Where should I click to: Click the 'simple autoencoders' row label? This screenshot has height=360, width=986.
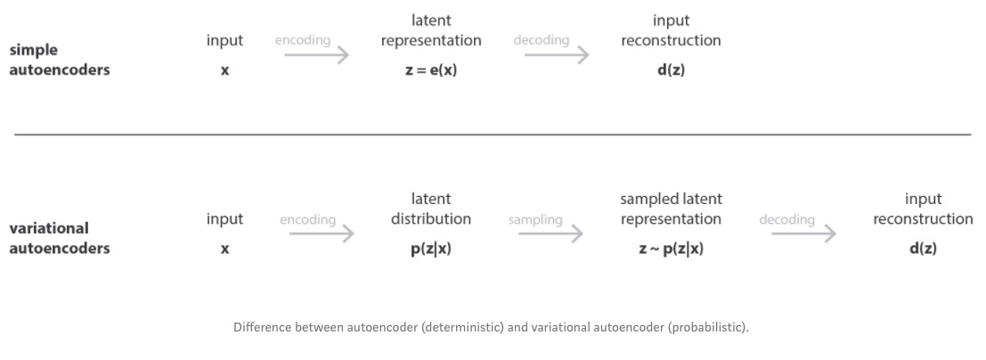click(x=59, y=60)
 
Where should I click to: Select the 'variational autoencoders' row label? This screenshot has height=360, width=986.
click(x=59, y=238)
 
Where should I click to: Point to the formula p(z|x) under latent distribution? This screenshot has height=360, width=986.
click(x=431, y=250)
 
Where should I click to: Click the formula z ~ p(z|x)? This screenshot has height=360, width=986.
click(x=671, y=250)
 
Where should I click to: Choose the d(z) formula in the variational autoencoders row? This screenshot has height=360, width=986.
click(x=923, y=250)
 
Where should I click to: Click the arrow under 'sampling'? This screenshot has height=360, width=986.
click(x=550, y=234)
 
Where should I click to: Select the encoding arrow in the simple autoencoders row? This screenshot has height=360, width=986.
click(x=316, y=55)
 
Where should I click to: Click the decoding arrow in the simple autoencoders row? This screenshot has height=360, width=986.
click(x=556, y=55)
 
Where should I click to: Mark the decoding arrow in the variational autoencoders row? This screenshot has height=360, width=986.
click(x=803, y=234)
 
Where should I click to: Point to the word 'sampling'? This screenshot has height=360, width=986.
click(x=535, y=219)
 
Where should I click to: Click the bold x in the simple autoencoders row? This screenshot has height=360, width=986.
click(x=224, y=71)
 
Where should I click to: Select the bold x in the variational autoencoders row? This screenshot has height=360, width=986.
click(x=224, y=250)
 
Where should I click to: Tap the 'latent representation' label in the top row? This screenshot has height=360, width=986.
click(x=431, y=30)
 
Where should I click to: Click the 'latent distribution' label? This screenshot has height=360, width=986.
click(x=431, y=209)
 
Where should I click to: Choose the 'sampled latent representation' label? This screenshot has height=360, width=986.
click(x=671, y=209)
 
